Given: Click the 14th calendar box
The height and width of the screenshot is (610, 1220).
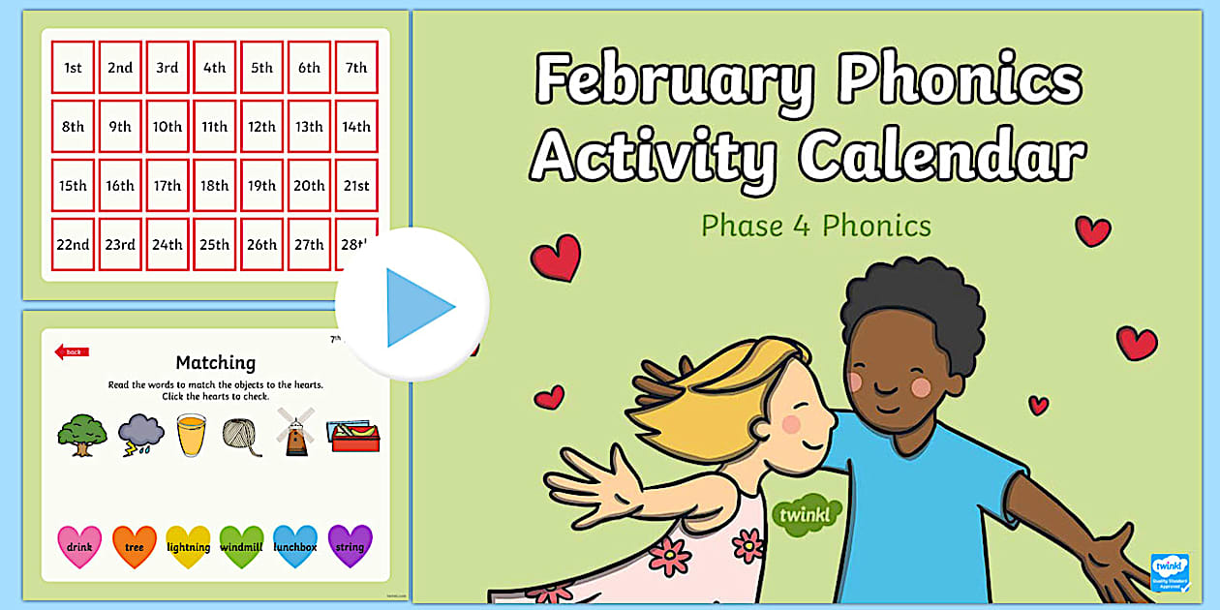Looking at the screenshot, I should point(356,127).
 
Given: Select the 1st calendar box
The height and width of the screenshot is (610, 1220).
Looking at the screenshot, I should point(73,68).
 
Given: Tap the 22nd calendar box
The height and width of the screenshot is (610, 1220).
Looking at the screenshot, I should point(73,245).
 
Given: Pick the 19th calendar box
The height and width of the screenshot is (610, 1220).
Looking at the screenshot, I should point(261,186).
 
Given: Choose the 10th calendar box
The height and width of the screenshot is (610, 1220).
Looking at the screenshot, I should point(167,127).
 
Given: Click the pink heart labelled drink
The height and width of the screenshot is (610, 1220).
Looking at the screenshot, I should point(79,546).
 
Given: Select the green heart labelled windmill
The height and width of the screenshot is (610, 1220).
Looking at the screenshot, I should point(241,546).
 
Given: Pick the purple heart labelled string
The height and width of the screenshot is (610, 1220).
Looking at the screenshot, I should point(350,546).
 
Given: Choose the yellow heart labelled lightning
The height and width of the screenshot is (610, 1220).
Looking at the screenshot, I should point(188,546).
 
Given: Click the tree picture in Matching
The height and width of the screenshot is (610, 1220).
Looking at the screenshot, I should point(81,435).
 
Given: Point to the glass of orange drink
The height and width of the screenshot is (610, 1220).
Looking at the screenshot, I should point(191,435).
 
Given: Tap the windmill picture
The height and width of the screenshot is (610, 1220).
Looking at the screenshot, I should point(294,433).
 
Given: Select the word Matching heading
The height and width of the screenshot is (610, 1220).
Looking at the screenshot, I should point(215,363).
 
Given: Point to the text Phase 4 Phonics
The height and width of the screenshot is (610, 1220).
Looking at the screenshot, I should point(815,226).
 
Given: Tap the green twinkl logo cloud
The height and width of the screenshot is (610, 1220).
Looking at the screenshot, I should point(806,514).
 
